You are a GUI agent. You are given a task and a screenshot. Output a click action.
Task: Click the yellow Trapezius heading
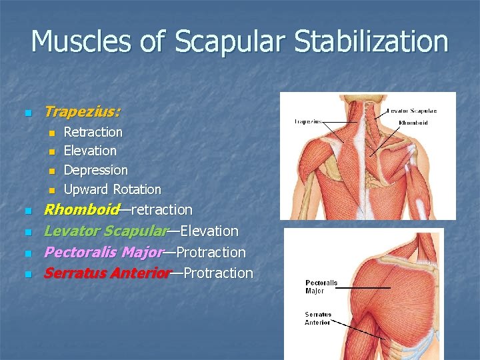[x=82, y=112]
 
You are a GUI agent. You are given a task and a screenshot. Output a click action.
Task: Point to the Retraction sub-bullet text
[x=93, y=132]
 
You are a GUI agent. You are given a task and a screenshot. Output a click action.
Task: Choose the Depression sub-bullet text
[x=95, y=170]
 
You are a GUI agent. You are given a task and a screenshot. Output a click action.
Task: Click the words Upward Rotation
[x=112, y=189]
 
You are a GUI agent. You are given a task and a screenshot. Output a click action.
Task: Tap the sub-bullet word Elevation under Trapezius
[x=90, y=151]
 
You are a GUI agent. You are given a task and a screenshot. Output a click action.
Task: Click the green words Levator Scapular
[x=105, y=231]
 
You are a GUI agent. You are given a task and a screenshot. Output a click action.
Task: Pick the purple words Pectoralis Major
[x=103, y=253]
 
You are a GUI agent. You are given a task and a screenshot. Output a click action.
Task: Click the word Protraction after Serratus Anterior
[x=218, y=273]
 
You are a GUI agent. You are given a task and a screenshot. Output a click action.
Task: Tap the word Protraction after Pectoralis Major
[x=211, y=253]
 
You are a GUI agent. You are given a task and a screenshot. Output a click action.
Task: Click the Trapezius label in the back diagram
[x=308, y=121]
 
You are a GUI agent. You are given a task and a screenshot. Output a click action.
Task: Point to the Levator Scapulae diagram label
[x=412, y=111]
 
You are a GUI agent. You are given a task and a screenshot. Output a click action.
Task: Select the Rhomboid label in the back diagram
[x=413, y=123]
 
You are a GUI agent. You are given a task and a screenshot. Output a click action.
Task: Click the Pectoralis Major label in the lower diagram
[x=321, y=287]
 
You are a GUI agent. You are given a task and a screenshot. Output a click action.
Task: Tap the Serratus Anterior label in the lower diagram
[x=318, y=318]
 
